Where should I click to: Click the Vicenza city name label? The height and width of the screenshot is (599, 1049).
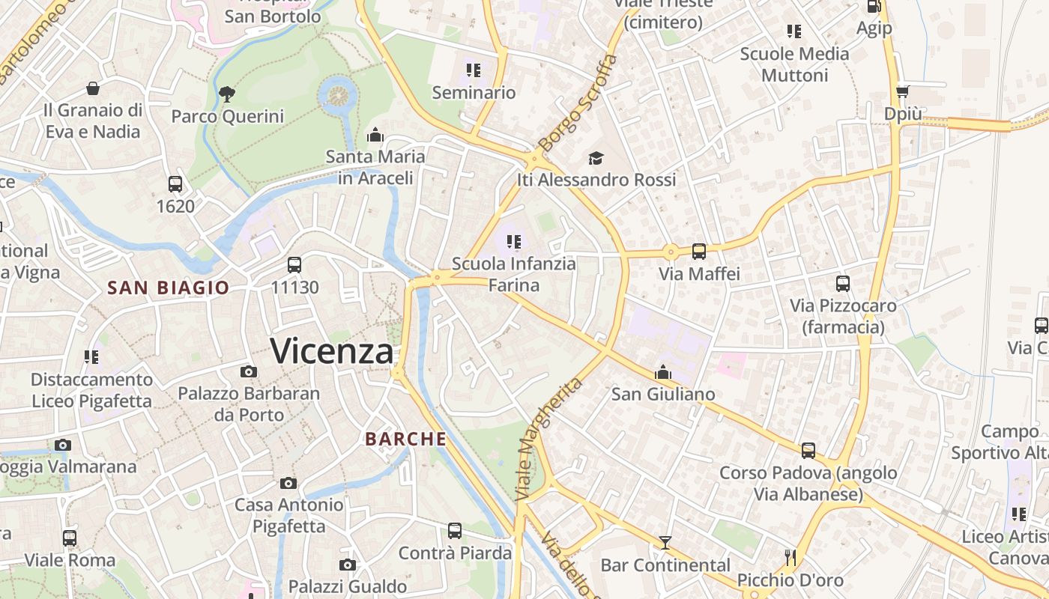click(331, 350)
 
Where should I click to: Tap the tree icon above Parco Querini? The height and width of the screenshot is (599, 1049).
click(226, 94)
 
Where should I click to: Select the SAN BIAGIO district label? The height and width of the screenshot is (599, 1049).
click(168, 288)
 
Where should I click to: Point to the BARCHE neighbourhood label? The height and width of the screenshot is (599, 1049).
click(406, 439)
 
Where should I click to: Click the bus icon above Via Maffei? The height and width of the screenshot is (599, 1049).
click(699, 252)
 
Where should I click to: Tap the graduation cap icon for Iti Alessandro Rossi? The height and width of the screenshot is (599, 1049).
click(596, 158)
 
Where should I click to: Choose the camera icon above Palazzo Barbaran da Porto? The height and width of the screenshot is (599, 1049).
click(249, 371)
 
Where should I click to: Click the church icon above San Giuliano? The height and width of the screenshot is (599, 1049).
click(663, 372)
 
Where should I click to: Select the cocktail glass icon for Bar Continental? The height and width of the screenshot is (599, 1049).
click(665, 543)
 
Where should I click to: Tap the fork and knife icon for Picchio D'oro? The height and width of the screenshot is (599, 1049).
click(790, 558)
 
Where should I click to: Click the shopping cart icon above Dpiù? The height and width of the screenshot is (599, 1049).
click(902, 91)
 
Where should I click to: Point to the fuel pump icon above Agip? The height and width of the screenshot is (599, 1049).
click(874, 6)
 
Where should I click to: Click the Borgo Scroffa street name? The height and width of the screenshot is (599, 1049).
click(578, 102)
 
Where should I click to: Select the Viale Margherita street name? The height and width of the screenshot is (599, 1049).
click(548, 439)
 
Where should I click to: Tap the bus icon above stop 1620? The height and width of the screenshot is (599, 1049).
click(175, 183)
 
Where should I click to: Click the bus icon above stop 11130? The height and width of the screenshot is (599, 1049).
click(294, 264)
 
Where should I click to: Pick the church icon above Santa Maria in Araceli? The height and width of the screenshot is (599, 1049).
click(375, 136)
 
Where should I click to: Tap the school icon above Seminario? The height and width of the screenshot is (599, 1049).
click(473, 70)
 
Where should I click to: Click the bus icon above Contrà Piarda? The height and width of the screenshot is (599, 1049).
click(455, 531)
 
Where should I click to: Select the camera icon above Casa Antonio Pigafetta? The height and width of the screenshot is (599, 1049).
click(288, 483)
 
